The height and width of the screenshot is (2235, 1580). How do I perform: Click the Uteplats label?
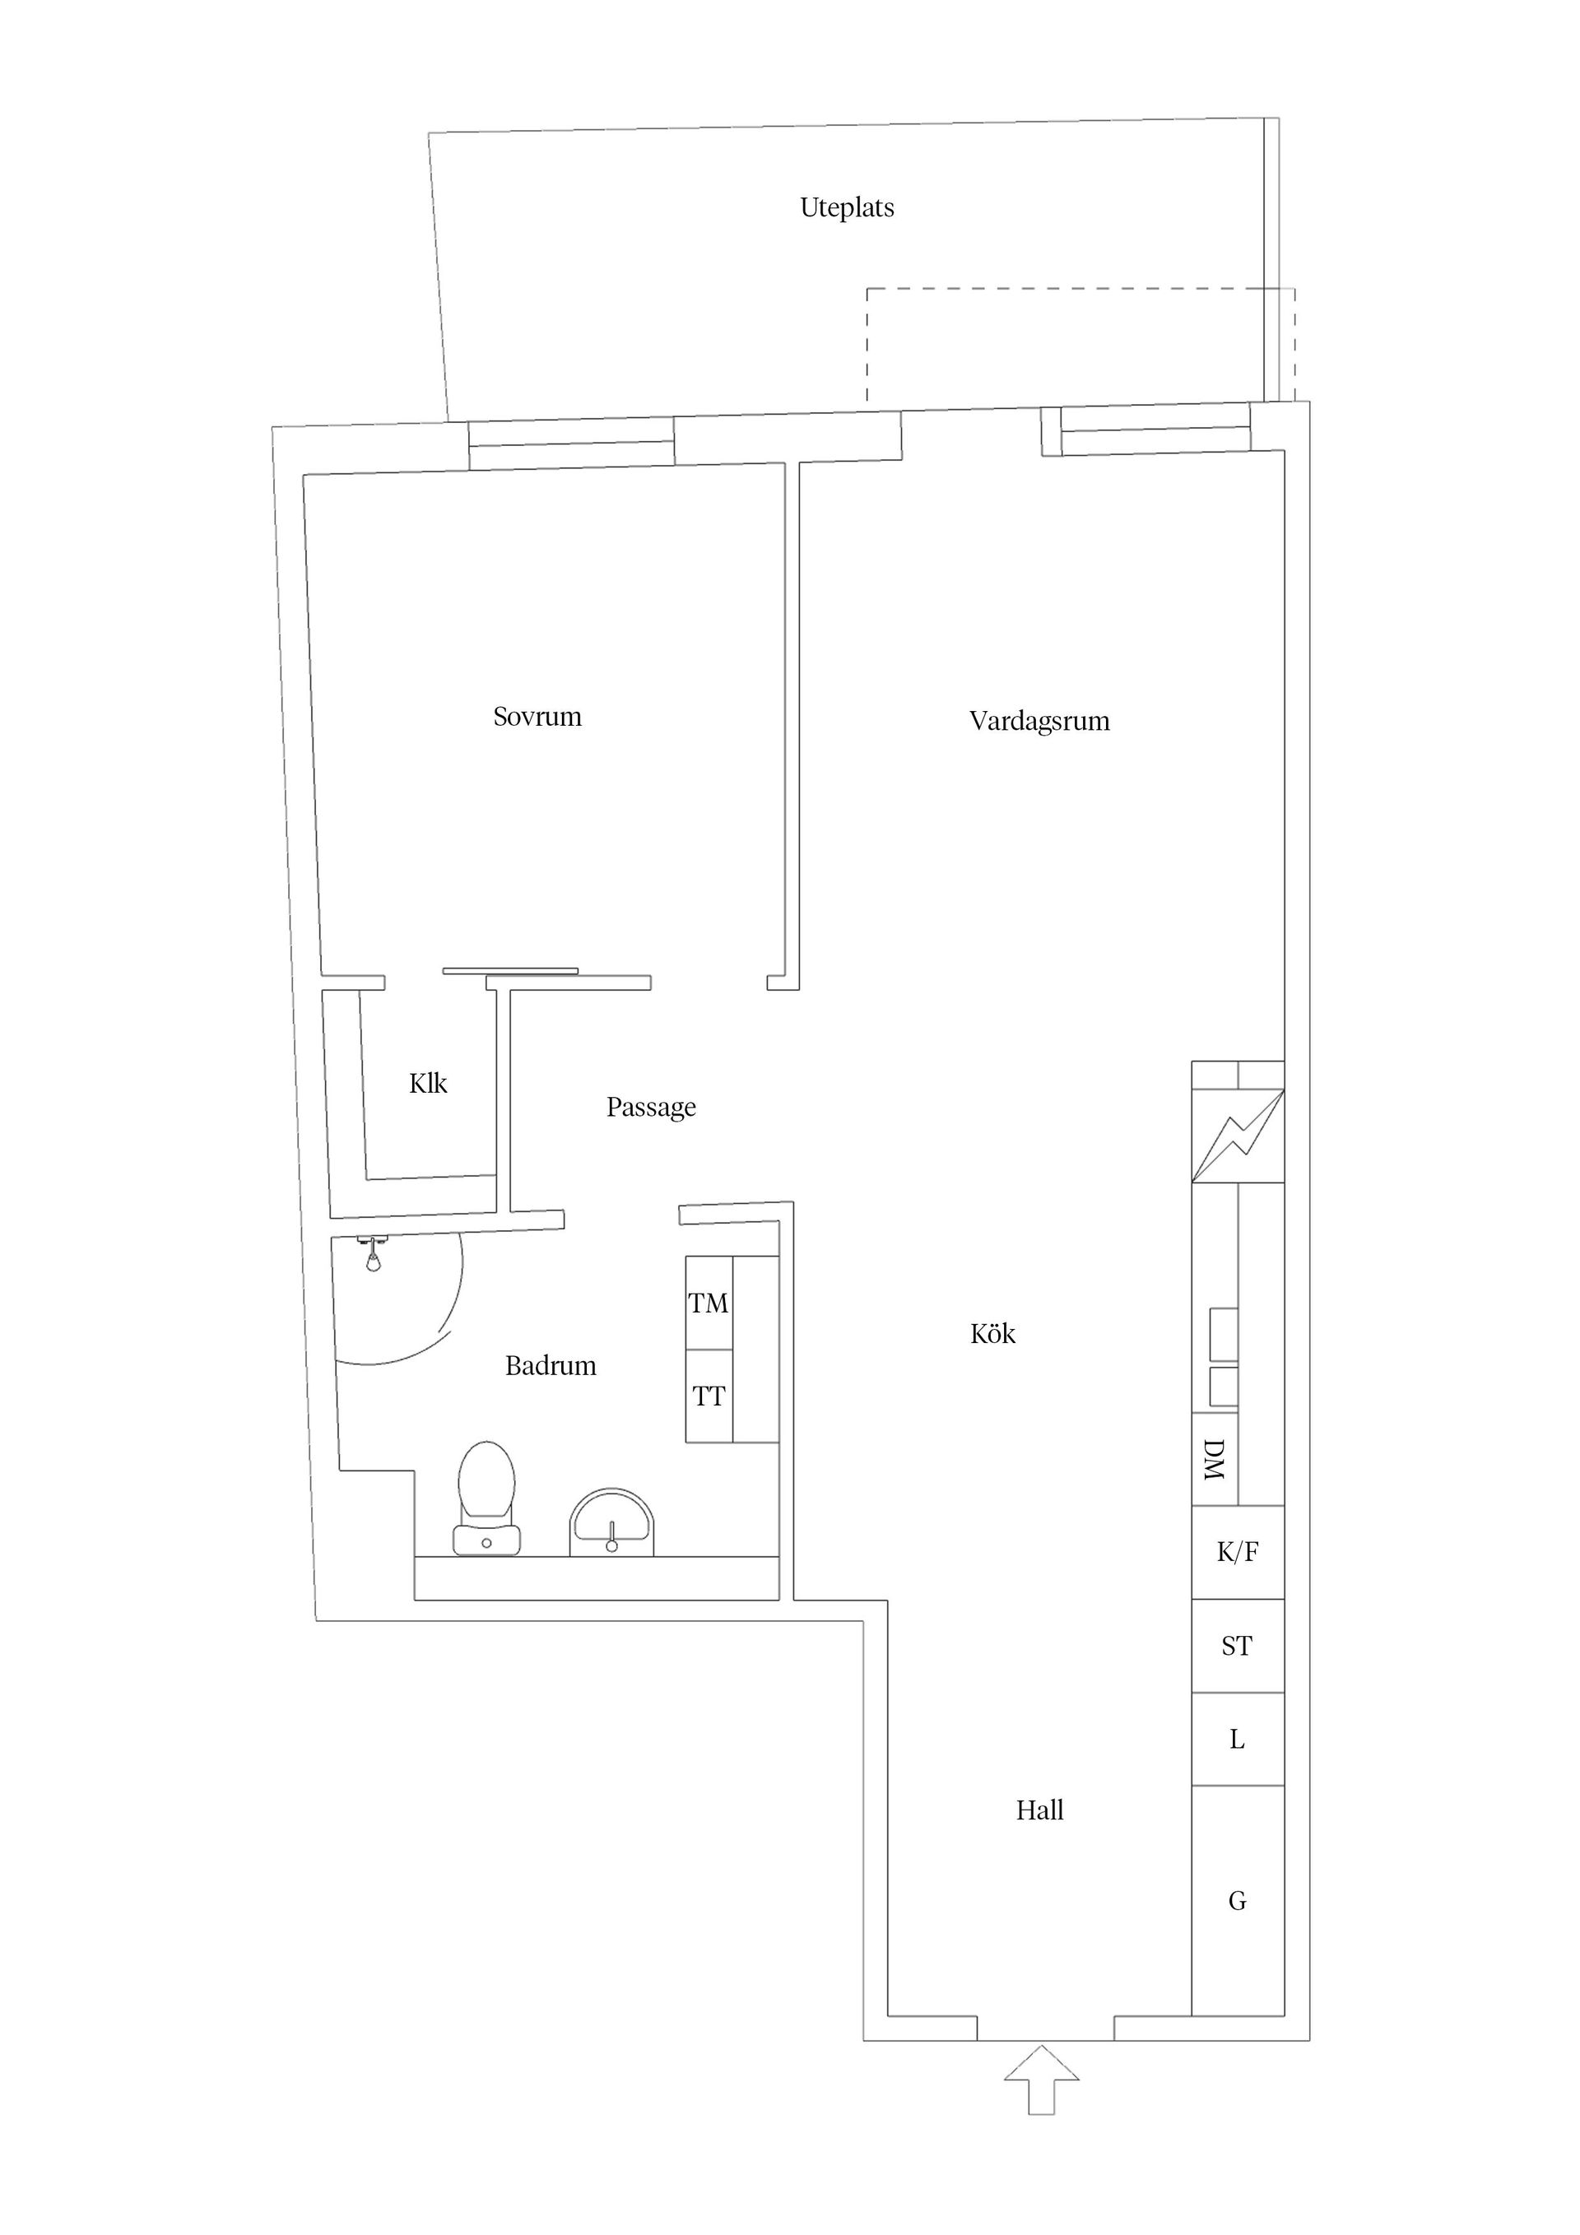(x=846, y=207)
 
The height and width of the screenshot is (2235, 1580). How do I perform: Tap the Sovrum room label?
(x=537, y=717)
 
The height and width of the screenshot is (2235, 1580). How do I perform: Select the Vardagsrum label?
(x=1039, y=722)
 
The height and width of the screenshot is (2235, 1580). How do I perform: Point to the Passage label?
(x=650, y=1107)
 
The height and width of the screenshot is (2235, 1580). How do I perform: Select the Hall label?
(x=1039, y=1810)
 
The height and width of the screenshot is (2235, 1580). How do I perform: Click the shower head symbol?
(x=372, y=1256)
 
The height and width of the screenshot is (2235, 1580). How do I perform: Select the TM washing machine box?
(x=709, y=1303)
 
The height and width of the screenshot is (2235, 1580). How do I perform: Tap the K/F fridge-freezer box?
(x=1238, y=1552)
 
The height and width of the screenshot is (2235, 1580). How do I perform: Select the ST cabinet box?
(x=1238, y=1646)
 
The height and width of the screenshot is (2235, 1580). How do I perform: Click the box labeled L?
(x=1238, y=1740)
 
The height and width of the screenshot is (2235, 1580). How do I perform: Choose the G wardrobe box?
(x=1238, y=1900)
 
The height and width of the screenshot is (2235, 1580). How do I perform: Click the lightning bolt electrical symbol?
(x=1238, y=1135)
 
